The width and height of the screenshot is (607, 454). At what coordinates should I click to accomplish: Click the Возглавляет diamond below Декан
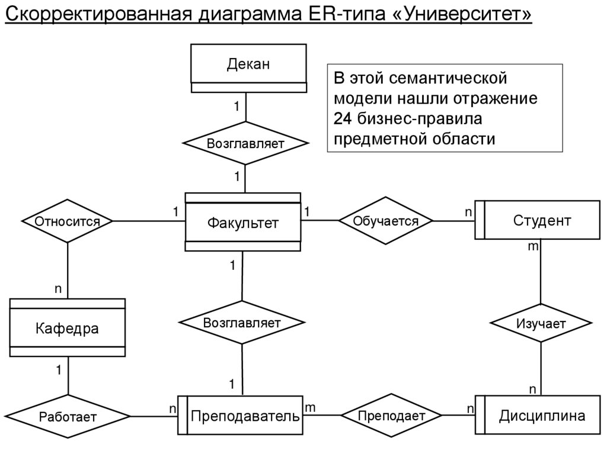click(x=245, y=144)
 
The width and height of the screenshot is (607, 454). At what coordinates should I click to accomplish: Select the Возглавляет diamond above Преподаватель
click(x=242, y=323)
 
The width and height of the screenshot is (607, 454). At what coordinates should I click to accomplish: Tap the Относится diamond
click(x=67, y=221)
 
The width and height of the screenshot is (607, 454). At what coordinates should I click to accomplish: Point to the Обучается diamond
click(x=385, y=221)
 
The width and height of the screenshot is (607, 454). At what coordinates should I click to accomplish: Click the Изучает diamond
click(x=541, y=323)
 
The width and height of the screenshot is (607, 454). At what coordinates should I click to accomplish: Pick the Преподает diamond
click(x=391, y=416)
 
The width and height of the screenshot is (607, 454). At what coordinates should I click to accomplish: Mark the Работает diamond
click(x=68, y=416)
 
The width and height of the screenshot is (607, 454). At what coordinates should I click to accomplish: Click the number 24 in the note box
click(x=343, y=118)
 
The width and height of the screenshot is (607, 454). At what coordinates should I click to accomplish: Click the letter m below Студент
click(x=532, y=246)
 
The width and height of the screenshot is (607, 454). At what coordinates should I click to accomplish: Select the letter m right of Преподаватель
click(x=310, y=407)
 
